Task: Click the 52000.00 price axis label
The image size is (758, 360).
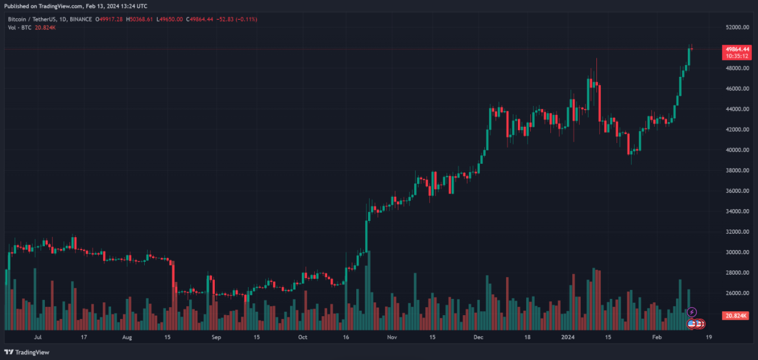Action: [x=737, y=27]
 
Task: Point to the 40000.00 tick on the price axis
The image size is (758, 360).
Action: [x=737, y=150]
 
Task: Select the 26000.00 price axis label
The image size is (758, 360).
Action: [x=737, y=293]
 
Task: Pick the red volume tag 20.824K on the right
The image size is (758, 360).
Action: [x=736, y=316]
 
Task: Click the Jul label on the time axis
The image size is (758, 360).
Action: [x=38, y=338]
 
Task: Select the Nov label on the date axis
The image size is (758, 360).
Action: [x=392, y=338]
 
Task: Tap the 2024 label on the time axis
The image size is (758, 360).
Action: [x=569, y=338]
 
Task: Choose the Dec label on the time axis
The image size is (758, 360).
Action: [x=478, y=338]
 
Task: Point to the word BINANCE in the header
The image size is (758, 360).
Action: [x=80, y=19]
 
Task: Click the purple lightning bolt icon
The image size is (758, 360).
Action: [x=692, y=312]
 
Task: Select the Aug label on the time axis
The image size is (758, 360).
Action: [x=127, y=338]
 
